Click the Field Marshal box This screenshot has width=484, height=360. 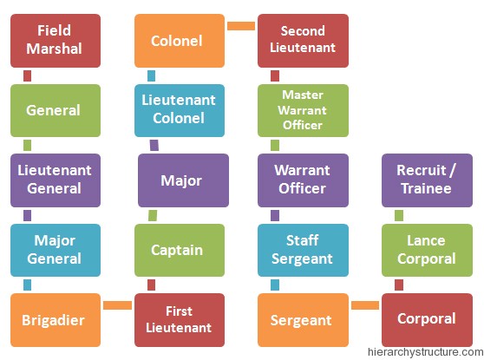(56, 41)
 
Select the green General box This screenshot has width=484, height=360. (56, 110)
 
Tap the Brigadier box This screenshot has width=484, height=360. (56, 320)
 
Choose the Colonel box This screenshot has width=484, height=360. (180, 41)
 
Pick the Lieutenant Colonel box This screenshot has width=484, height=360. (180, 110)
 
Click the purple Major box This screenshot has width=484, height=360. (183, 180)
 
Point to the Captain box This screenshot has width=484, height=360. (180, 250)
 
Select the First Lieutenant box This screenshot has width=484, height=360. (180, 320)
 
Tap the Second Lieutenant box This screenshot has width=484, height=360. (303, 41)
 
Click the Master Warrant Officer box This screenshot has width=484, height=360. (303, 110)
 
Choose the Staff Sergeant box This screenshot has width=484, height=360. (303, 250)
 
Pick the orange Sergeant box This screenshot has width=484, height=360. (303, 320)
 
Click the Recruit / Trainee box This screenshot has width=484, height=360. (428, 180)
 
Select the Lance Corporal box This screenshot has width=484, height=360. (428, 250)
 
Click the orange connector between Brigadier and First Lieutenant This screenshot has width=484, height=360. (118, 305)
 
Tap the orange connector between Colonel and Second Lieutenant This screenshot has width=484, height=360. (241, 26)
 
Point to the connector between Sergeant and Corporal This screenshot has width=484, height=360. (365, 305)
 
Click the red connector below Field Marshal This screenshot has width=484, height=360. (27, 76)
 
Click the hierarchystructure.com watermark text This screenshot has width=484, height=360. (425, 352)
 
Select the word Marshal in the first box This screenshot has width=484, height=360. (55, 49)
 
